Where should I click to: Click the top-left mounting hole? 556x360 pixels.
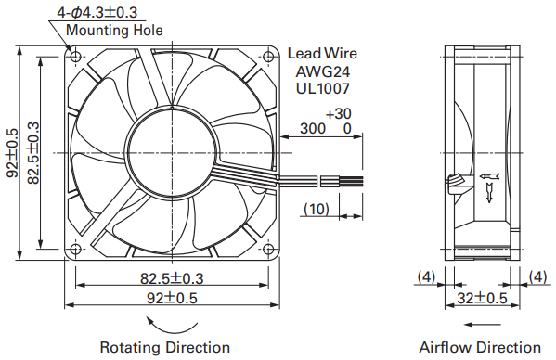click(x=75, y=56)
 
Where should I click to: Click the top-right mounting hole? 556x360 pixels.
click(x=268, y=56)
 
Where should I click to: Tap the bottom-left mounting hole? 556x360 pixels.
click(x=75, y=249)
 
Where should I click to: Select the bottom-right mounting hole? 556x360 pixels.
click(x=268, y=249)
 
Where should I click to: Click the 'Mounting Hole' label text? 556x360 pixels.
click(x=114, y=30)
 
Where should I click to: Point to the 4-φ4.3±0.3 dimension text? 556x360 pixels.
click(x=97, y=13)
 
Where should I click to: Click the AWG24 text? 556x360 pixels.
click(x=323, y=72)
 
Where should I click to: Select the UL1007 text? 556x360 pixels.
click(x=323, y=88)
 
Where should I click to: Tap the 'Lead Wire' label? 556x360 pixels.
click(x=322, y=54)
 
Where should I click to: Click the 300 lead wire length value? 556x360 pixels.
click(x=313, y=129)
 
